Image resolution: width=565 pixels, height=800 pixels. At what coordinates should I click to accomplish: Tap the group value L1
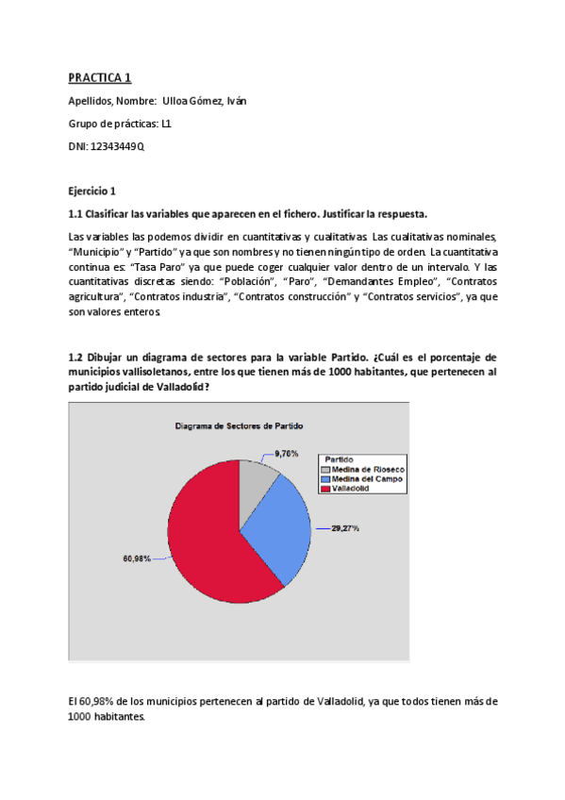(x=166, y=124)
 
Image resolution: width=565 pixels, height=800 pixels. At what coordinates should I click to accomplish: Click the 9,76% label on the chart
(x=287, y=454)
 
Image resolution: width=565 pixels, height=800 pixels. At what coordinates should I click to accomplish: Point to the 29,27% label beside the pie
(x=344, y=528)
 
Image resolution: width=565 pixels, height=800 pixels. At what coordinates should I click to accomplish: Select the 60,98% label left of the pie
(x=137, y=558)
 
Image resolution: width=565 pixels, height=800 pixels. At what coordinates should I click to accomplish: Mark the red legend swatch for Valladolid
(x=324, y=489)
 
